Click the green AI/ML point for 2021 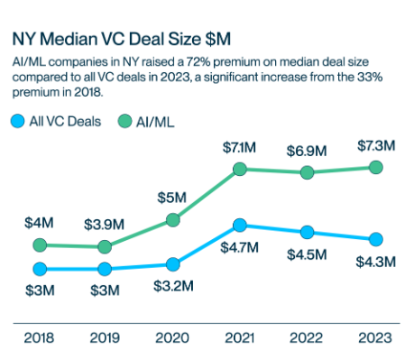240,169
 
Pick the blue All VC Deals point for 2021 240,225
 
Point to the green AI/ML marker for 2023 376,167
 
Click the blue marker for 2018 38,269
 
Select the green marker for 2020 172,218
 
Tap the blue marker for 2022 308,232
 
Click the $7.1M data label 240,147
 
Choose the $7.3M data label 376,145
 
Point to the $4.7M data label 240,246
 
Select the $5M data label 172,196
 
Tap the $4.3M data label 376,261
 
